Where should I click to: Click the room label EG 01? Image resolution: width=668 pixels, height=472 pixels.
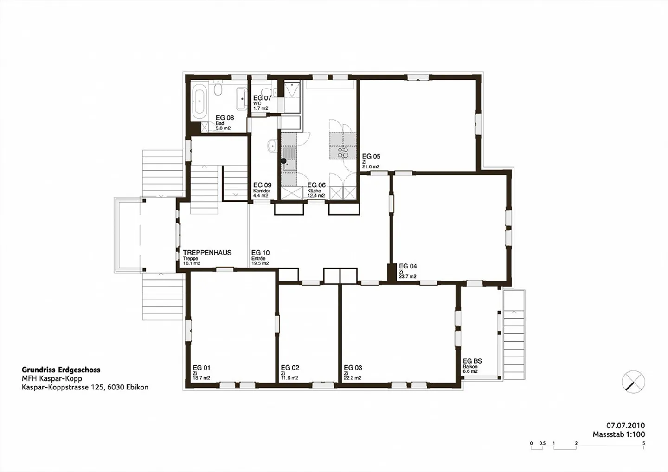(201, 368)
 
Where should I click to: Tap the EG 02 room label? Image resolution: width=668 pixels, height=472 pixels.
(290, 368)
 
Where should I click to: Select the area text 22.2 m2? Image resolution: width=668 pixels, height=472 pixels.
(353, 378)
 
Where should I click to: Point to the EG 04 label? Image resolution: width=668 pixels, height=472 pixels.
(408, 266)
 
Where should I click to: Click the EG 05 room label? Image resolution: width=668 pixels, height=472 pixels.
(371, 157)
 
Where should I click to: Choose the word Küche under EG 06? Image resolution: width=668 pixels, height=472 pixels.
(314, 191)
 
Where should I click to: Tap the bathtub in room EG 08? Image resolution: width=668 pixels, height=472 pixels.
(199, 102)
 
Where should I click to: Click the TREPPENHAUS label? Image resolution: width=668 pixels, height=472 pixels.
(207, 253)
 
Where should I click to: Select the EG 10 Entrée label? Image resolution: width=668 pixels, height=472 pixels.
(260, 253)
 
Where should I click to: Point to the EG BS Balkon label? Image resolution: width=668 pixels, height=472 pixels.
(472, 361)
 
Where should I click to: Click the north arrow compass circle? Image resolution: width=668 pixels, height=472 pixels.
(633, 383)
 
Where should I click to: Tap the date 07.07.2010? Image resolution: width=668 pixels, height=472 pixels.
(625, 426)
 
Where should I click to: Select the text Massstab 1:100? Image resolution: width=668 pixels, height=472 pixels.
(618, 435)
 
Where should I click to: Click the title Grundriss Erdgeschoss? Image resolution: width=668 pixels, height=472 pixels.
(61, 370)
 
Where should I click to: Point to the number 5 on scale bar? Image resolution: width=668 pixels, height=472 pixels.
(644, 444)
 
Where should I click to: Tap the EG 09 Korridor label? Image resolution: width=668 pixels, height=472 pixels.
(262, 185)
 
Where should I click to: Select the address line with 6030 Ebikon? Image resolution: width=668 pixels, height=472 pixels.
(85, 387)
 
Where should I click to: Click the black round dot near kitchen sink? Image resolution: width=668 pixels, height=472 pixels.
(283, 161)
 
